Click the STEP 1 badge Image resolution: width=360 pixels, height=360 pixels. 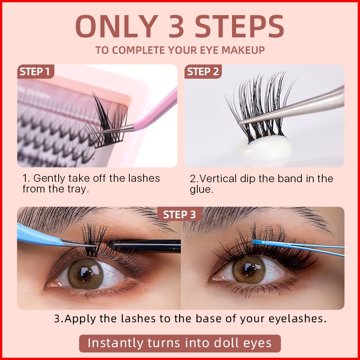pos(36,72)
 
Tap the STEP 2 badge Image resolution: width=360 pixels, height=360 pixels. pos(203,72)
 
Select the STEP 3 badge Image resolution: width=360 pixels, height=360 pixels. pos(180,214)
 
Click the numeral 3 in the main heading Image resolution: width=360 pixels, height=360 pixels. pos(176,26)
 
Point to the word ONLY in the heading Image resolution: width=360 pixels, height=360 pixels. pos(116,26)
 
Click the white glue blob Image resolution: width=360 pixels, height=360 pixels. pos(264,148)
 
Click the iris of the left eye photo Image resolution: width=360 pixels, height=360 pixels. pos(86,273)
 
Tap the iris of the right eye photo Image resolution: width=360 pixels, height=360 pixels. pos(249,269)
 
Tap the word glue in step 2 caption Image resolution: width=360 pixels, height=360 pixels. pos(201,190)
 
